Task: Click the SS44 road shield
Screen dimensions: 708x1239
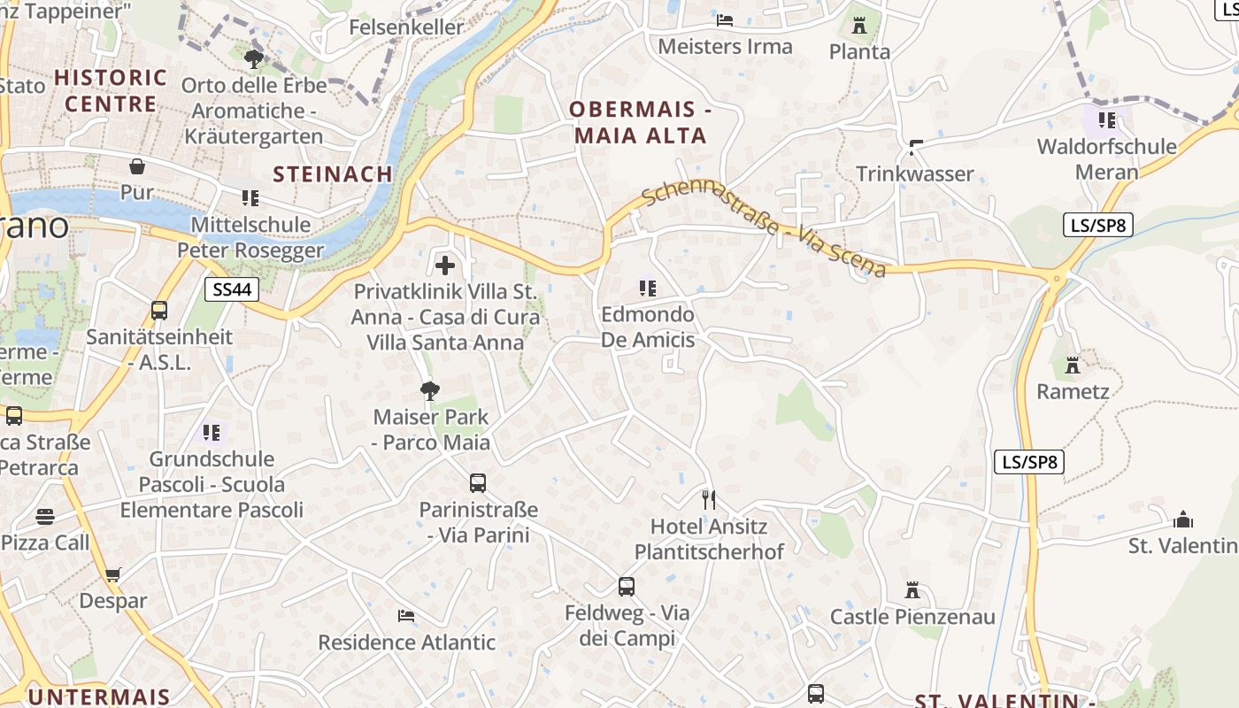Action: point(232,289)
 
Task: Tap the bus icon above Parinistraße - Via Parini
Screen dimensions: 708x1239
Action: point(478,483)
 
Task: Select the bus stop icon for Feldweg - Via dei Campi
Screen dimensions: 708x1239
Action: point(627,586)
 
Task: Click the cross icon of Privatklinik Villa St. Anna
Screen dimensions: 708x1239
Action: point(445,265)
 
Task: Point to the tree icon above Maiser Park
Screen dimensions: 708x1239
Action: point(430,390)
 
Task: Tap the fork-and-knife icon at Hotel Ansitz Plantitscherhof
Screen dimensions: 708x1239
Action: point(708,500)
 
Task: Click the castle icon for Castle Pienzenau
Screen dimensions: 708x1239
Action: point(912,590)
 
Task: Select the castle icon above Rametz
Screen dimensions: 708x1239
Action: point(1073,365)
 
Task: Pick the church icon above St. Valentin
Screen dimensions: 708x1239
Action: point(1183,519)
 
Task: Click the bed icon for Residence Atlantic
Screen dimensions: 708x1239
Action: point(406,615)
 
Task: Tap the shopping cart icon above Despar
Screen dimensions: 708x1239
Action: point(112,575)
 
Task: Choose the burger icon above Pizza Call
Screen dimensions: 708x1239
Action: point(45,517)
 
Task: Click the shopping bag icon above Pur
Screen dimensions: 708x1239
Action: point(137,166)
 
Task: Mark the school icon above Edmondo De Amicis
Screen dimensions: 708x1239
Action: point(648,288)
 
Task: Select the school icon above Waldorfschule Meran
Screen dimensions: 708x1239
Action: point(1106,119)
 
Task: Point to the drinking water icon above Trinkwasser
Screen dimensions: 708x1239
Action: point(916,147)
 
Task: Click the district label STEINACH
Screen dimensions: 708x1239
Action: point(333,174)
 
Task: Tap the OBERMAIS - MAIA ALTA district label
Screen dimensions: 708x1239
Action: point(641,123)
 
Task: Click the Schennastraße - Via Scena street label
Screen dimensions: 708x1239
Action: point(763,230)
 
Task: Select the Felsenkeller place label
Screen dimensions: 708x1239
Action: point(406,27)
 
